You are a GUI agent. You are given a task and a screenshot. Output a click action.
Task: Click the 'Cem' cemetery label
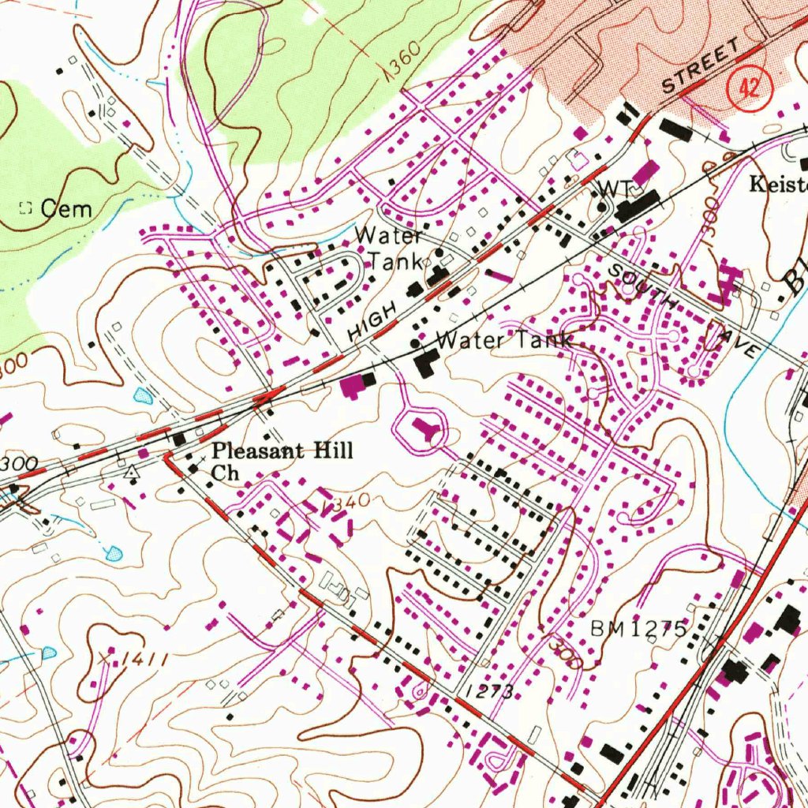[x=66, y=209]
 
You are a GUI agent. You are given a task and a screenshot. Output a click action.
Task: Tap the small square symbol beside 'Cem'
[x=25, y=208]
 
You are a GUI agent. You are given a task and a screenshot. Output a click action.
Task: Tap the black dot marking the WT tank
[x=601, y=208]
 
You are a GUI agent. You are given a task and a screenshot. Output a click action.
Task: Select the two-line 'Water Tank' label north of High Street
[x=390, y=247]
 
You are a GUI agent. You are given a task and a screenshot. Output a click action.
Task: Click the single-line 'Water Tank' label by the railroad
[x=503, y=341]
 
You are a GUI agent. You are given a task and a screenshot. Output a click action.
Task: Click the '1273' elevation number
[x=489, y=692]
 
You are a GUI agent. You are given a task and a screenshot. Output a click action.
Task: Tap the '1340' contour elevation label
[x=346, y=503]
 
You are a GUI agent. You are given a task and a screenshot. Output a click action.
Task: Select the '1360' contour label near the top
[x=405, y=67]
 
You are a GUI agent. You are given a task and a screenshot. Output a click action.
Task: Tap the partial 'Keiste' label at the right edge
[x=778, y=185]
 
